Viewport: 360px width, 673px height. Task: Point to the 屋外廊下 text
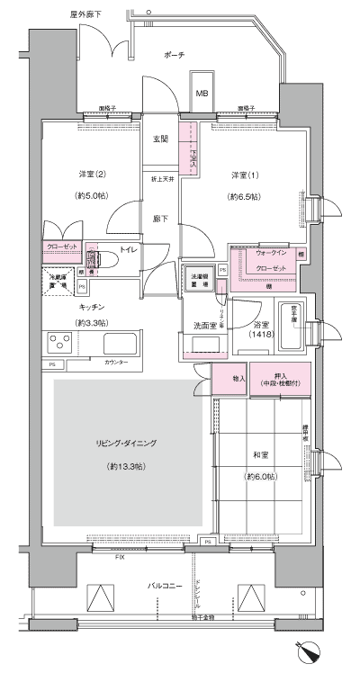pos(85,15)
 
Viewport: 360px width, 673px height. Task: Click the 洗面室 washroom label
pos(201,325)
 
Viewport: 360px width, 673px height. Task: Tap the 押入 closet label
pos(282,376)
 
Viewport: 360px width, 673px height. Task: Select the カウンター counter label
pos(114,363)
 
